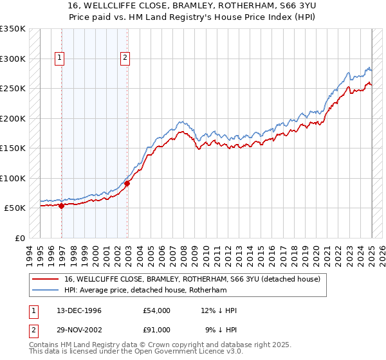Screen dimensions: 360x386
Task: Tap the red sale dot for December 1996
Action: point(61,206)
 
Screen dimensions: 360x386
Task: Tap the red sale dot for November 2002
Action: point(127,184)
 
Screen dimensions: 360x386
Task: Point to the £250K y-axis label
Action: point(12,88)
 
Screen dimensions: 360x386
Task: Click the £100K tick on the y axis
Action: point(12,178)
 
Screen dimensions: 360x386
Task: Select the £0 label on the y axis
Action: point(19,238)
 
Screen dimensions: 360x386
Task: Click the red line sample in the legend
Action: point(46,279)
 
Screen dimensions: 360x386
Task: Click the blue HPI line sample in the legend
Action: point(46,290)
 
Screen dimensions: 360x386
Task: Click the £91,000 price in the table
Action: point(157,329)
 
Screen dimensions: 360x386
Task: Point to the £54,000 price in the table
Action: point(157,310)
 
